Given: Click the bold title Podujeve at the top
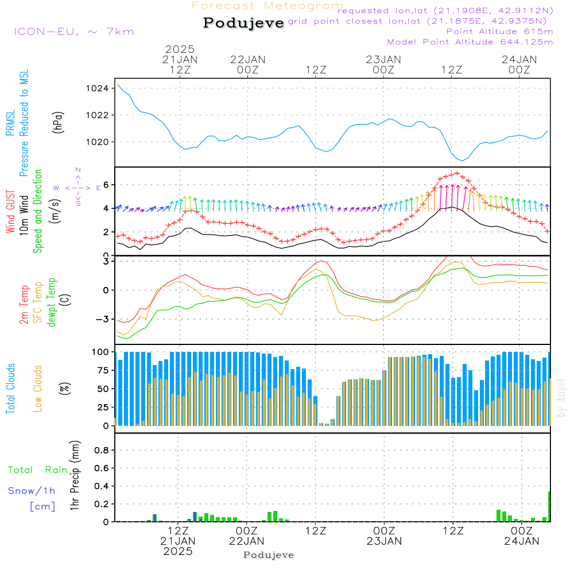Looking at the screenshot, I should coord(244,23).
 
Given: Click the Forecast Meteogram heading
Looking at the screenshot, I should coord(267,6).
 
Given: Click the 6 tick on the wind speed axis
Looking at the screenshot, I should coord(106,185).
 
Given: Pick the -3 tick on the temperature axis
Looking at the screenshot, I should coord(103,319).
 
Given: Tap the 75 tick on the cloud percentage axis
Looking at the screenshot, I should coord(101,370).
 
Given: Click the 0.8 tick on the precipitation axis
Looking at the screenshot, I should coord(101,451).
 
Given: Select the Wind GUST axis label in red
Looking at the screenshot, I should coord(10,212).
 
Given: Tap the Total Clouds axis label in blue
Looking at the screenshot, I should coord(10,389).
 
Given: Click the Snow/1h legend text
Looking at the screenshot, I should coord(32,491).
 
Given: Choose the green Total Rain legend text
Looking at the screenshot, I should coord(38,470).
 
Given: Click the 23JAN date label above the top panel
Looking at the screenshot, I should coord(383,59).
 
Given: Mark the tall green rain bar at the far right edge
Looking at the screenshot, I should coord(549,506).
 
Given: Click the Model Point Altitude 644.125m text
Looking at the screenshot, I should coord(470,42).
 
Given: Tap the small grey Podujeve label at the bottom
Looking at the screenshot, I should coord(269,555).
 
